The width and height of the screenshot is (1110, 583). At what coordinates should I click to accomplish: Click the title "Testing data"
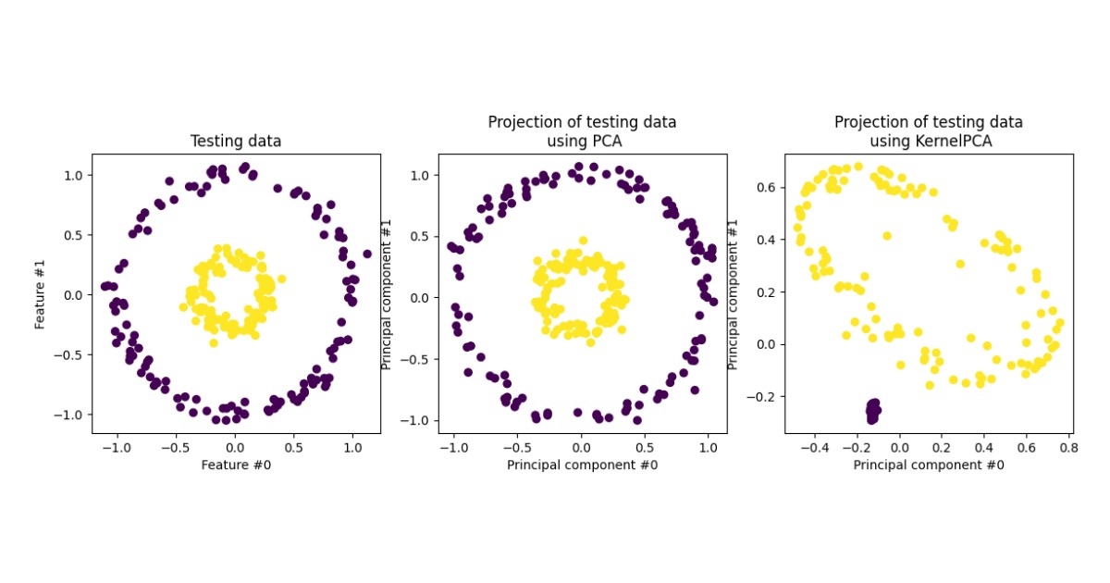point(236,142)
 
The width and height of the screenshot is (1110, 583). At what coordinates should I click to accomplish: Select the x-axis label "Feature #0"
point(236,465)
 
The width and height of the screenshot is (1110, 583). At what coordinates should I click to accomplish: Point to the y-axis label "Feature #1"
point(41,294)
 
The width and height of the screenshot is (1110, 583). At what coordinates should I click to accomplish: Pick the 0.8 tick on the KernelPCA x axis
point(1067,447)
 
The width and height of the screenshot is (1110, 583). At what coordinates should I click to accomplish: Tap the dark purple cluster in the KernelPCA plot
point(872,411)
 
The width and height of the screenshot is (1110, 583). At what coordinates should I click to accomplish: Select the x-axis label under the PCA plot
point(582,465)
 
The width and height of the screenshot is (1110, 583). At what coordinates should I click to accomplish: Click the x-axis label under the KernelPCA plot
point(928,465)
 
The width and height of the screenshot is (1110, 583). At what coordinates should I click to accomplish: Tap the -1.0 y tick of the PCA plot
point(420,420)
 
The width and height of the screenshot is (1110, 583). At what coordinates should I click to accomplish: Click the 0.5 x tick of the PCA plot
point(645,447)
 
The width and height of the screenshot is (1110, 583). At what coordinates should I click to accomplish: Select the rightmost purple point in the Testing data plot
point(367,254)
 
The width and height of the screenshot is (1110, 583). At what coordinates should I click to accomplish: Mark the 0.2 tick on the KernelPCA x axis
point(940,447)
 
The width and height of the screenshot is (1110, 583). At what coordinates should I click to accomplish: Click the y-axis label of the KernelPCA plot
point(733,294)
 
